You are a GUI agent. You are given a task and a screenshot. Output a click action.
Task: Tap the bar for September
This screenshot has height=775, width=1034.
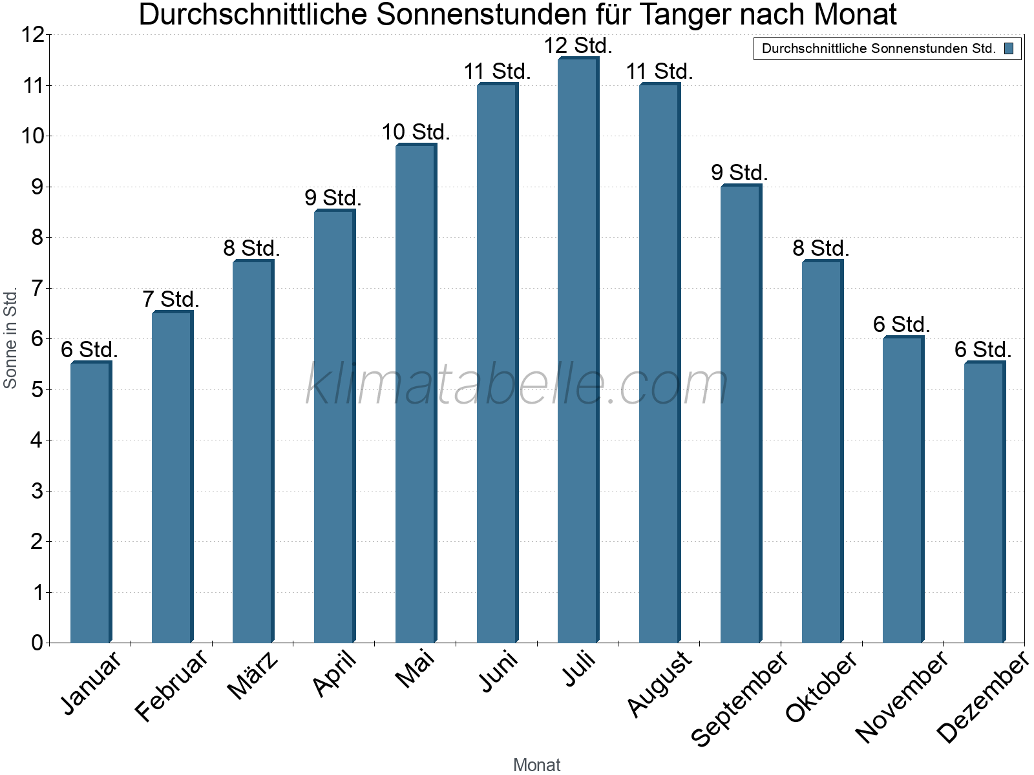coord(741,414)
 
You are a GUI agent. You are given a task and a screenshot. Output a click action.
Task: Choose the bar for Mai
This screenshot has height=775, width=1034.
coord(416,393)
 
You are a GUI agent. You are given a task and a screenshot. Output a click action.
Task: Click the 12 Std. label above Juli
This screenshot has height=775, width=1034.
coord(578,46)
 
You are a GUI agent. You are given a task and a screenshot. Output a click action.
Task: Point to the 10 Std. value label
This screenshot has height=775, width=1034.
coord(416,132)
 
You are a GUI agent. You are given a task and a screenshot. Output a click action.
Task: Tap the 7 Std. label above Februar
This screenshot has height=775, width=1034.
coord(171,300)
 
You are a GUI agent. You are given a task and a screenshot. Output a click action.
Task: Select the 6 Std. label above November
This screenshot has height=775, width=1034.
coord(902,324)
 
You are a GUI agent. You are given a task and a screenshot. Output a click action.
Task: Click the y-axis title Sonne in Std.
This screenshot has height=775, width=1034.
coord(10,338)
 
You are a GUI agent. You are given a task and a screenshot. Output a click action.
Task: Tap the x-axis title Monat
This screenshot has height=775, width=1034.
coord(536,765)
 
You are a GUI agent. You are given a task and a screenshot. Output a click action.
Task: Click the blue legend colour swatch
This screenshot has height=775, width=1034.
coord(1009,48)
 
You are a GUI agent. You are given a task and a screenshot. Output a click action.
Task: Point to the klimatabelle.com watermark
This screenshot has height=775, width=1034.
coord(517,384)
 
